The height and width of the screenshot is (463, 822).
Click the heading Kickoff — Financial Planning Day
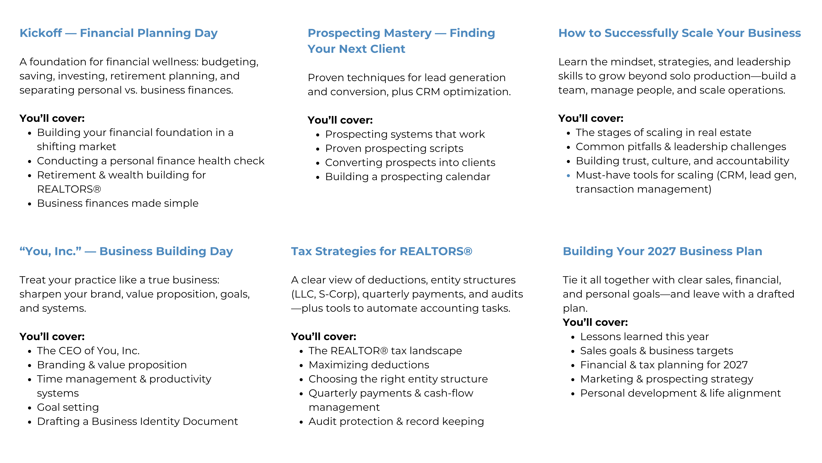(118, 33)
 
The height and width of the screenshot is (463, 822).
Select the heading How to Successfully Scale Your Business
(679, 33)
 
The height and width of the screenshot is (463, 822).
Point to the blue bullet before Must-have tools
(568, 175)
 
